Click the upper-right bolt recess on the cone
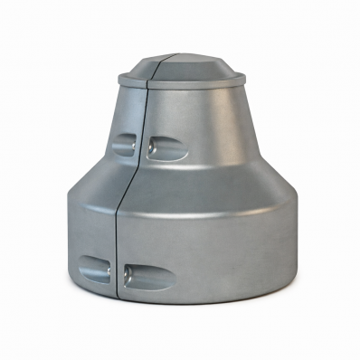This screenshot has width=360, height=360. [167, 147]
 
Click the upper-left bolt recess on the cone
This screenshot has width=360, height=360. [124, 144]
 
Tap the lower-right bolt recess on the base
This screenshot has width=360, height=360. [150, 275]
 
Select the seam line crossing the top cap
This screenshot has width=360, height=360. [155, 68]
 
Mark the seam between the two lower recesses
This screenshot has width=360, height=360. [118, 271]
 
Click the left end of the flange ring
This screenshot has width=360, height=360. [121, 81]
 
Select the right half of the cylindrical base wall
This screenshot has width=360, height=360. [217, 244]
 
